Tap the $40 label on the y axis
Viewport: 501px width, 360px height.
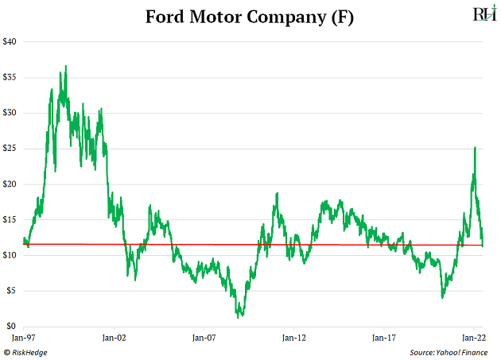(x=11, y=41)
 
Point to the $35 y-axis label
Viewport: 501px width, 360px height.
(x=11, y=77)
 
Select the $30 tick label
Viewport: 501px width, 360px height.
(x=11, y=113)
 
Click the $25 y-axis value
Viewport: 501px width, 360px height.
(x=11, y=149)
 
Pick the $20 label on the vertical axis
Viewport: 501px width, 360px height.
(x=11, y=184)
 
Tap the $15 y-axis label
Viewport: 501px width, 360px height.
(x=11, y=220)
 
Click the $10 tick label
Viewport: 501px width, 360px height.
(x=11, y=255)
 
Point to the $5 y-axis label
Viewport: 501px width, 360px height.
(x=13, y=291)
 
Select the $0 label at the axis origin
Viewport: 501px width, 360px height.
(x=13, y=327)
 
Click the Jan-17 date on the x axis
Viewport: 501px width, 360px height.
(x=384, y=338)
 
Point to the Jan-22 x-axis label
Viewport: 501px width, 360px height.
(x=474, y=338)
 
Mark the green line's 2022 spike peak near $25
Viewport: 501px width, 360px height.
(x=475, y=148)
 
